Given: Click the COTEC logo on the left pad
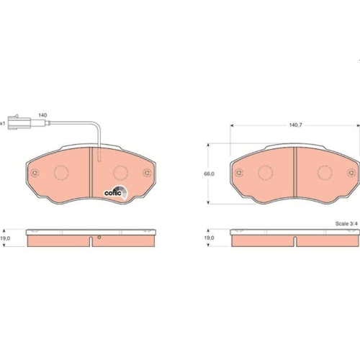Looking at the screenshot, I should [x=116, y=191].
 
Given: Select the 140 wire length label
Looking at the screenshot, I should [x=42, y=115].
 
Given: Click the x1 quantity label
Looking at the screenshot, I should [x=3, y=123].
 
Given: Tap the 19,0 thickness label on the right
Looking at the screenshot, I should [x=210, y=237].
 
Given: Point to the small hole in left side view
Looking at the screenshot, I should [x=99, y=238].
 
